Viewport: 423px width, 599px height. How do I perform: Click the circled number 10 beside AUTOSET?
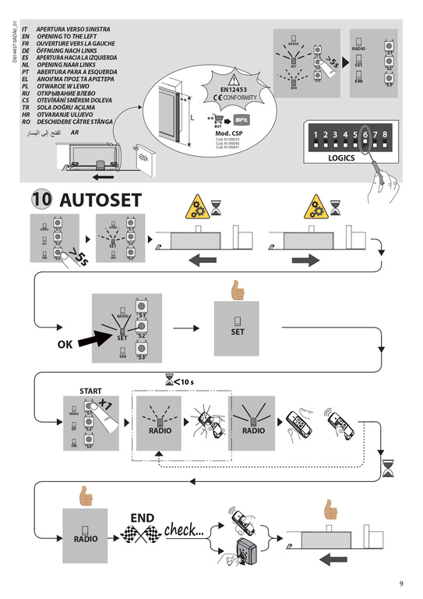coord(42,199)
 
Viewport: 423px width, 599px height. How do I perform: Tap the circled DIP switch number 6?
coord(365,134)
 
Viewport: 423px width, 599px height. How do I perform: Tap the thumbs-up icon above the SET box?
coord(236,289)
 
